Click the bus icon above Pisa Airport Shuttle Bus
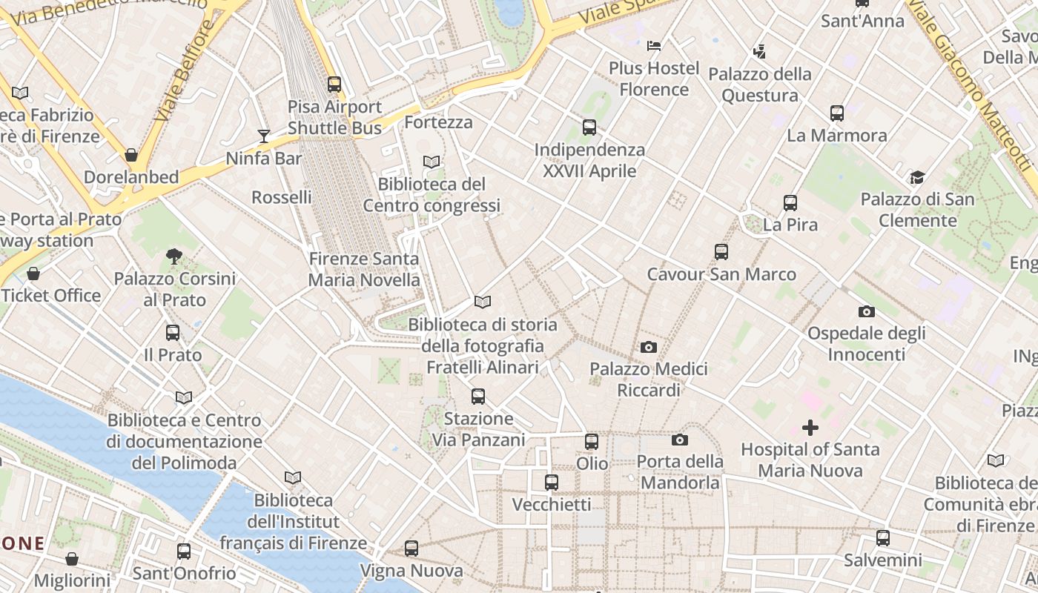coord(334,85)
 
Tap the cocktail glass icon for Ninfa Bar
coord(263,136)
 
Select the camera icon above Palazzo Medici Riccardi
coord(649,347)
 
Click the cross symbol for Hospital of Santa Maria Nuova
coord(810,427)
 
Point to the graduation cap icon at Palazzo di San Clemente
coord(917,177)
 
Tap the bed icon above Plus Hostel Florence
coord(654,46)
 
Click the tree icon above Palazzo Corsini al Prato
coord(174,256)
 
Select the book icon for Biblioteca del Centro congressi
coord(432,162)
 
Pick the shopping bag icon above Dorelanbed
coord(131,155)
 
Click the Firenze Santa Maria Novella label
coord(364,270)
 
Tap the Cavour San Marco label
coord(721,274)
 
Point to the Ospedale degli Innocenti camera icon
coord(866,311)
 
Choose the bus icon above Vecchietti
coord(552,483)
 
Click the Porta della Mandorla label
coord(680,472)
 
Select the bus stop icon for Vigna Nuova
coord(411,549)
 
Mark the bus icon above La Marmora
coord(837,113)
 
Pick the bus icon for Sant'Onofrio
coord(184,551)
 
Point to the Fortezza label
coord(439,122)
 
